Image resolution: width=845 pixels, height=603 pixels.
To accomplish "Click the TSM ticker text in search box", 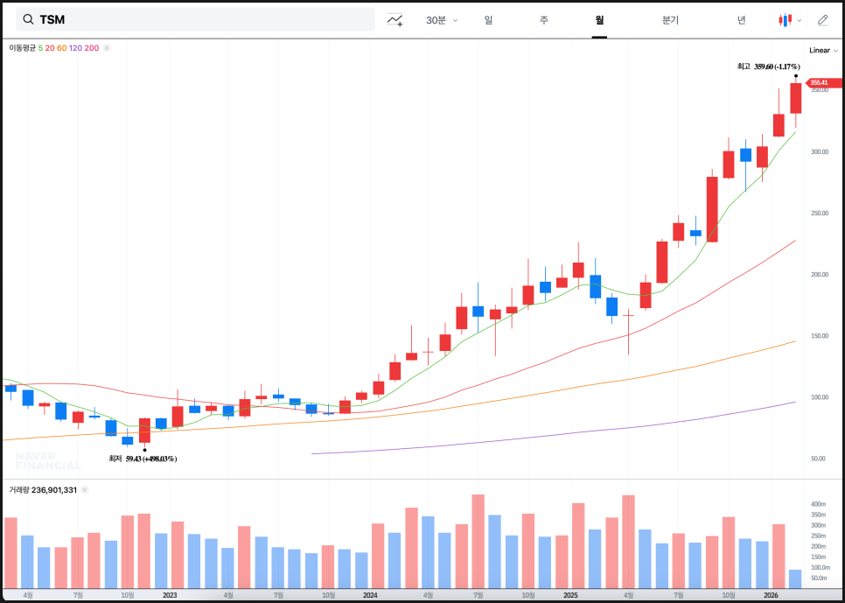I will tap(52, 19).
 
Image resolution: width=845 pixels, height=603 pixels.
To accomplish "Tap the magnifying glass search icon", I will tap(29, 19).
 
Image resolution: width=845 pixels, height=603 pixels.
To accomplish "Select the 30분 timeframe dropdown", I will tap(441, 20).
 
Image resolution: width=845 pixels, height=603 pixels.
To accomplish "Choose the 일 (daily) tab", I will tap(488, 20).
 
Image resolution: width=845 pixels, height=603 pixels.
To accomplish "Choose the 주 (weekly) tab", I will tap(543, 20).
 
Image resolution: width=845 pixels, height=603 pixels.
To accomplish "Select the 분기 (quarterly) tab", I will tap(670, 20).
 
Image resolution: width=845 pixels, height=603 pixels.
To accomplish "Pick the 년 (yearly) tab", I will tap(741, 20).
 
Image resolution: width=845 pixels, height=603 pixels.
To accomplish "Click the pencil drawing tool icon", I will tap(822, 20).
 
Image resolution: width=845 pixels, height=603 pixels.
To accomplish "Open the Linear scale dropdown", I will tap(823, 50).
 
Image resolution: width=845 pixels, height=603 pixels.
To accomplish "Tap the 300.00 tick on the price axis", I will tap(820, 152).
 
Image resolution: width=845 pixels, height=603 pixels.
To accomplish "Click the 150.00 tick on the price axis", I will tap(820, 336).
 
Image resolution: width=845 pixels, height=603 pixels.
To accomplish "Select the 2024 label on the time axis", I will tap(370, 595).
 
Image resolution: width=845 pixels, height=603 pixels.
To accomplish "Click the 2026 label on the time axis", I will tap(771, 595).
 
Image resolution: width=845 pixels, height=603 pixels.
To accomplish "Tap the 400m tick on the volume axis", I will tap(818, 505).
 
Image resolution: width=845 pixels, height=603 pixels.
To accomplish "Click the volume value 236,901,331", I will tap(54, 490).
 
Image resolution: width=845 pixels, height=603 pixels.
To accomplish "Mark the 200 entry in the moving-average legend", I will tap(92, 48).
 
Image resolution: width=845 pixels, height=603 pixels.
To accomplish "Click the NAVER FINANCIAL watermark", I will tap(47, 460).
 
